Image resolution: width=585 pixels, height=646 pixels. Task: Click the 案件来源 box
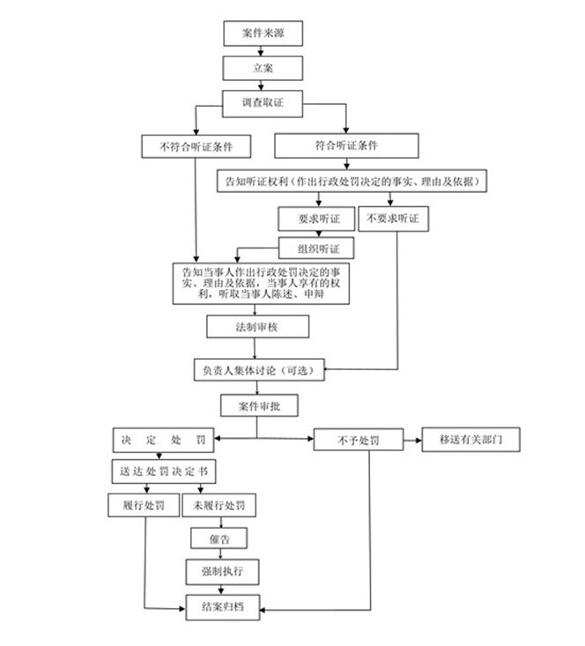263,33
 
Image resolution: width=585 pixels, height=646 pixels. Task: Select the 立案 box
263,68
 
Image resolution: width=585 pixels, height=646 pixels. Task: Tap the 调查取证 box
263,104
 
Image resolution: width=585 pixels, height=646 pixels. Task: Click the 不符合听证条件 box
196,146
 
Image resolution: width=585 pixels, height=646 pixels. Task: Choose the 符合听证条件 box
346,145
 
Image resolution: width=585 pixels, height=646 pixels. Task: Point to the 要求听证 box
316,219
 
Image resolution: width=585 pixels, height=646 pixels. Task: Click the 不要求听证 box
394,219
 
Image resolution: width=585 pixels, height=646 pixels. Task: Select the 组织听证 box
316,248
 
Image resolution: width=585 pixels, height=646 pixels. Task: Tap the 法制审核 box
258,327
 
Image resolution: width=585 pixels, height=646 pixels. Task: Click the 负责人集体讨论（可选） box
259,369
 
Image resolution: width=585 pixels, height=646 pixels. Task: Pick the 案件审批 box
260,405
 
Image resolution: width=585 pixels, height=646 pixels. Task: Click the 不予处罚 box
359,440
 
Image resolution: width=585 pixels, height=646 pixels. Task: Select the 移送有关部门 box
470,440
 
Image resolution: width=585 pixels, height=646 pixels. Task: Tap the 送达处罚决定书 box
164,472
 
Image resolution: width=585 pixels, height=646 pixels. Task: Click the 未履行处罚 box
219,505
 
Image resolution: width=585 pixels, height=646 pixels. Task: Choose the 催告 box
219,538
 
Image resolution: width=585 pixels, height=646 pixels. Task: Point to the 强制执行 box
223,572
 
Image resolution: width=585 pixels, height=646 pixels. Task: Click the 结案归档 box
223,607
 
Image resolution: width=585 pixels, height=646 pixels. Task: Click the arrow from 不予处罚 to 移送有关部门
413,441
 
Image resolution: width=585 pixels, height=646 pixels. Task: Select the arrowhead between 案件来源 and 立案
261,53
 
